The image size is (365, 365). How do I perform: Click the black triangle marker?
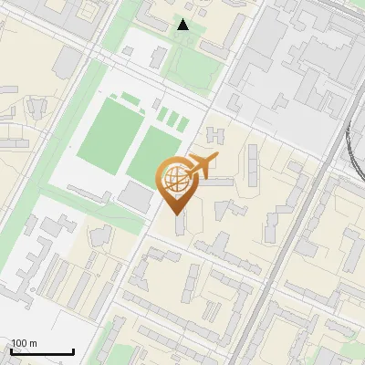tap(183, 25)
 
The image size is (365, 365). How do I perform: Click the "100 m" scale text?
tap(24, 343)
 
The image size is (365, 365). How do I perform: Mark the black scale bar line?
tap(43, 352)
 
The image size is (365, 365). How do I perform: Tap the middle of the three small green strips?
tap(172, 120)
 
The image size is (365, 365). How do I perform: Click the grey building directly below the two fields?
tap(136, 195)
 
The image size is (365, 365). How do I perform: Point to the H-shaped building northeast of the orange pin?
tap(215, 136)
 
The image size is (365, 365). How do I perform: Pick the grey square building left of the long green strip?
tap(68, 63)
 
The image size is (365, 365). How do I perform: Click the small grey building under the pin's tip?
tap(177, 223)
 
